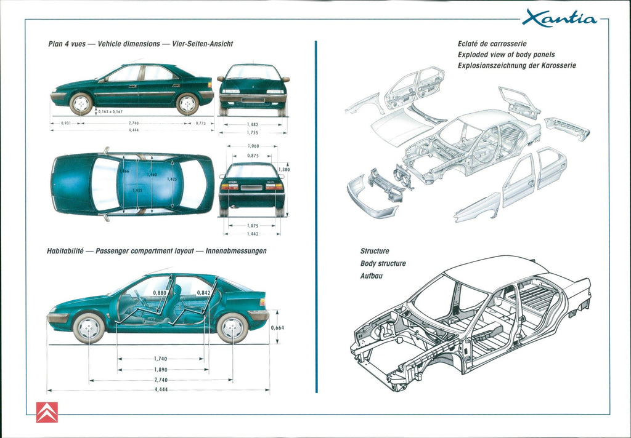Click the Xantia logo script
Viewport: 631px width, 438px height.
[560, 19]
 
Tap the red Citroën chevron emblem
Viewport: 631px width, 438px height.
[47, 412]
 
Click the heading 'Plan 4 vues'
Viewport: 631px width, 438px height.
[67, 44]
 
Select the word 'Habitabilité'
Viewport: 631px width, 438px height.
[66, 251]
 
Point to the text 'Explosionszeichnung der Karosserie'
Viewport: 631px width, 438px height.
[516, 65]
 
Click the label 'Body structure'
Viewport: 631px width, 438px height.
[383, 263]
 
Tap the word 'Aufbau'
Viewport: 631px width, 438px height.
[371, 276]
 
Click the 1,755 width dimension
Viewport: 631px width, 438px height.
[253, 132]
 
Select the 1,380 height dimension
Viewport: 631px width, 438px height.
[284, 170]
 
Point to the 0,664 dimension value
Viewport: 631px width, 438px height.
[277, 327]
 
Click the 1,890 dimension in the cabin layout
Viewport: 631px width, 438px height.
[161, 370]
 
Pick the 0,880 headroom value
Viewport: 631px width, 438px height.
[160, 293]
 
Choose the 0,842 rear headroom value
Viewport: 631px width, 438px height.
[203, 293]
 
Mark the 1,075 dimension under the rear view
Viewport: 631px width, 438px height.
[252, 226]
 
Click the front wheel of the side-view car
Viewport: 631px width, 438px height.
[81, 103]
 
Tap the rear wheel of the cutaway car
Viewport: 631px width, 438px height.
[232, 328]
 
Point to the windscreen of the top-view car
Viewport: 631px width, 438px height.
[105, 184]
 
